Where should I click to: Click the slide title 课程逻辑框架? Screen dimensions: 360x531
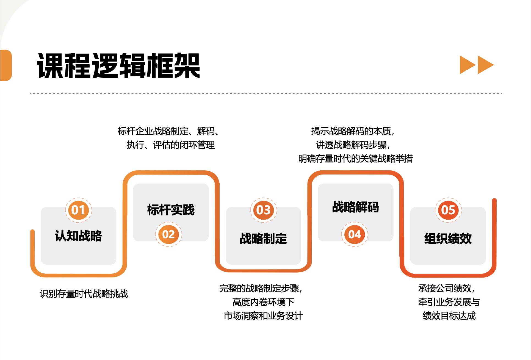pos(118,66)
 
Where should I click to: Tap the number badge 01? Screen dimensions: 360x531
pos(78,210)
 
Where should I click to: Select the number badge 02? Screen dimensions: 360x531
pos(168,234)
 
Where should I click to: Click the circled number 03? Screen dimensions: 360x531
pos(263,210)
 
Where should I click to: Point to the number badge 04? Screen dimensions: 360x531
pos(355,234)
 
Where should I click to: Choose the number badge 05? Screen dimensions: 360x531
pos(448,210)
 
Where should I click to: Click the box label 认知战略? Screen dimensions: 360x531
pos(78,236)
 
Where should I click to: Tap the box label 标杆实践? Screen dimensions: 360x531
pos(171,210)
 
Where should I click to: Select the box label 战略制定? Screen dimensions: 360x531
pos(263,239)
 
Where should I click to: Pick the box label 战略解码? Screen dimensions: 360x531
pos(355,207)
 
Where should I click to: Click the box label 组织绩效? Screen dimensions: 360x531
pos(448,239)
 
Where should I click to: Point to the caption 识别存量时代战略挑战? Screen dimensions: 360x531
pos(84,294)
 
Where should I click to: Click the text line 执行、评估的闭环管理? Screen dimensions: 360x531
pos(170,145)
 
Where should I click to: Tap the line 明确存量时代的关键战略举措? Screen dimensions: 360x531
pos(355,159)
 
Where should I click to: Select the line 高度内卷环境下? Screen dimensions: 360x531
pos(263,302)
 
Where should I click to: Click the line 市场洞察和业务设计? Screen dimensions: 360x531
pos(263,316)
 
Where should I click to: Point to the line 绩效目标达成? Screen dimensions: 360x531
pos(449,316)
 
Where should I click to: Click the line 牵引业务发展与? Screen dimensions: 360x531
pos(449,302)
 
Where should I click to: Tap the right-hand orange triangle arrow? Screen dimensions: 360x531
pos(485,65)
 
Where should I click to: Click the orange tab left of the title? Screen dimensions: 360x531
pos(6,65)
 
